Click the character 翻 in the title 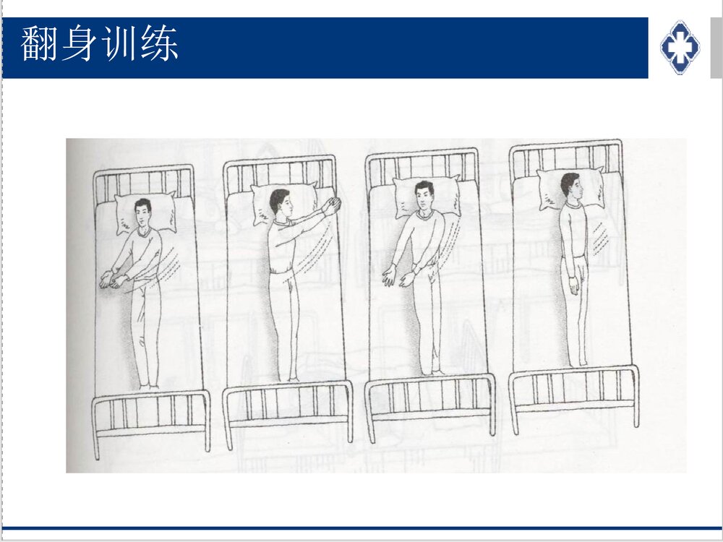coord(39,44)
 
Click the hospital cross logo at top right coord(680,47)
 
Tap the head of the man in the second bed coord(279,202)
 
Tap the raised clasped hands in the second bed coord(331,207)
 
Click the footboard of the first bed coord(150,416)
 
